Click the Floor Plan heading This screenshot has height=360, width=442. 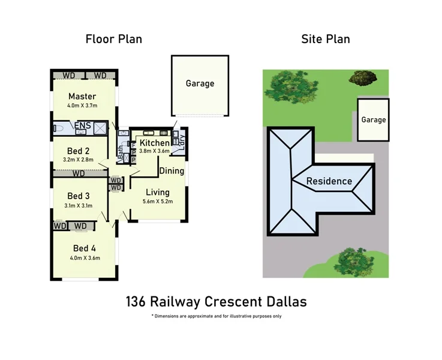coord(114,40)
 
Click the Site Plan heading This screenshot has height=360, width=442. coord(326,40)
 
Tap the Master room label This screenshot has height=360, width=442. coord(82,97)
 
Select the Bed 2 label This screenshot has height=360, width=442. coord(79,151)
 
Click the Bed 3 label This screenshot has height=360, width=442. coord(79,196)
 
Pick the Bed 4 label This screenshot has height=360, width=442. coord(85,248)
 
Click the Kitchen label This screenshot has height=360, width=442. coord(155,143)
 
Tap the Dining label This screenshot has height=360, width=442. coord(172,171)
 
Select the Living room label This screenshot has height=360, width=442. coord(158,192)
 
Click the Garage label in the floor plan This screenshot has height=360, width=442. coord(200,84)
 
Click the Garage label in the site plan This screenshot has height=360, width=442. coord(374,120)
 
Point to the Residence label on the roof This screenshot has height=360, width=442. coord(329,181)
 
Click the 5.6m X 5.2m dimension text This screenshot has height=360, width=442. coord(158,202)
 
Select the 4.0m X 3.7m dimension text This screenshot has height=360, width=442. coord(82,106)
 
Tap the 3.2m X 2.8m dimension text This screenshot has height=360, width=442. coord(79,160)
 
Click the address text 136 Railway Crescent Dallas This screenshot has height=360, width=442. coord(217,301)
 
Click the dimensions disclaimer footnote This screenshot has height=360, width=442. coord(217,316)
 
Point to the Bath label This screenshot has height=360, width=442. coord(121,152)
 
